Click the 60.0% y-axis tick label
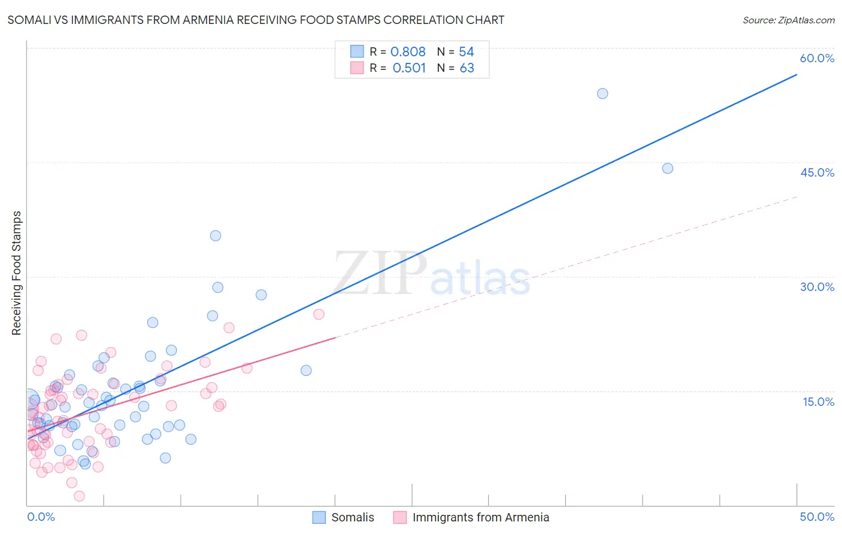817,58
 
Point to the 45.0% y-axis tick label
817,172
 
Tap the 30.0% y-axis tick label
817,287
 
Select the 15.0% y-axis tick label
818,402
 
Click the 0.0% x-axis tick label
41,517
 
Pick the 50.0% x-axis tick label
817,517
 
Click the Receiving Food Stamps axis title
17,273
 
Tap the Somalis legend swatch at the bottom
319,517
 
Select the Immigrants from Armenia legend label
480,517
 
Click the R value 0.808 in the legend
408,52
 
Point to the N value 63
467,68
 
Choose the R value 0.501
409,68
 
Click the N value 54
467,52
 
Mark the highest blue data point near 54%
602,93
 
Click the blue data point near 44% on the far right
668,168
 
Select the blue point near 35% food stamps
216,236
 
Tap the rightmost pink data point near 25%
319,314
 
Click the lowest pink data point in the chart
79,496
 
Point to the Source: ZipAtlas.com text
788,20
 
